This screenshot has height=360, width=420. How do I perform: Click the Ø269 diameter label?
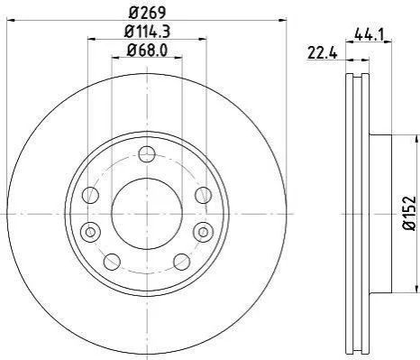147,12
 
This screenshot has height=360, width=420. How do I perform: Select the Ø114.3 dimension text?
147,32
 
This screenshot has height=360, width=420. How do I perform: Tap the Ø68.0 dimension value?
147,50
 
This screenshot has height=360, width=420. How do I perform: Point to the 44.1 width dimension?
369,34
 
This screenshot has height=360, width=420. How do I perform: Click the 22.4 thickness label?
323,53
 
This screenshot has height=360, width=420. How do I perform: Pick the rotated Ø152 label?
409,213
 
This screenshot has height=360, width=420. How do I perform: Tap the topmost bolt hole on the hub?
147,154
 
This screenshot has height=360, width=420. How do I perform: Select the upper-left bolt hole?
90,195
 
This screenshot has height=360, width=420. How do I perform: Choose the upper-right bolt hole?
204,195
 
